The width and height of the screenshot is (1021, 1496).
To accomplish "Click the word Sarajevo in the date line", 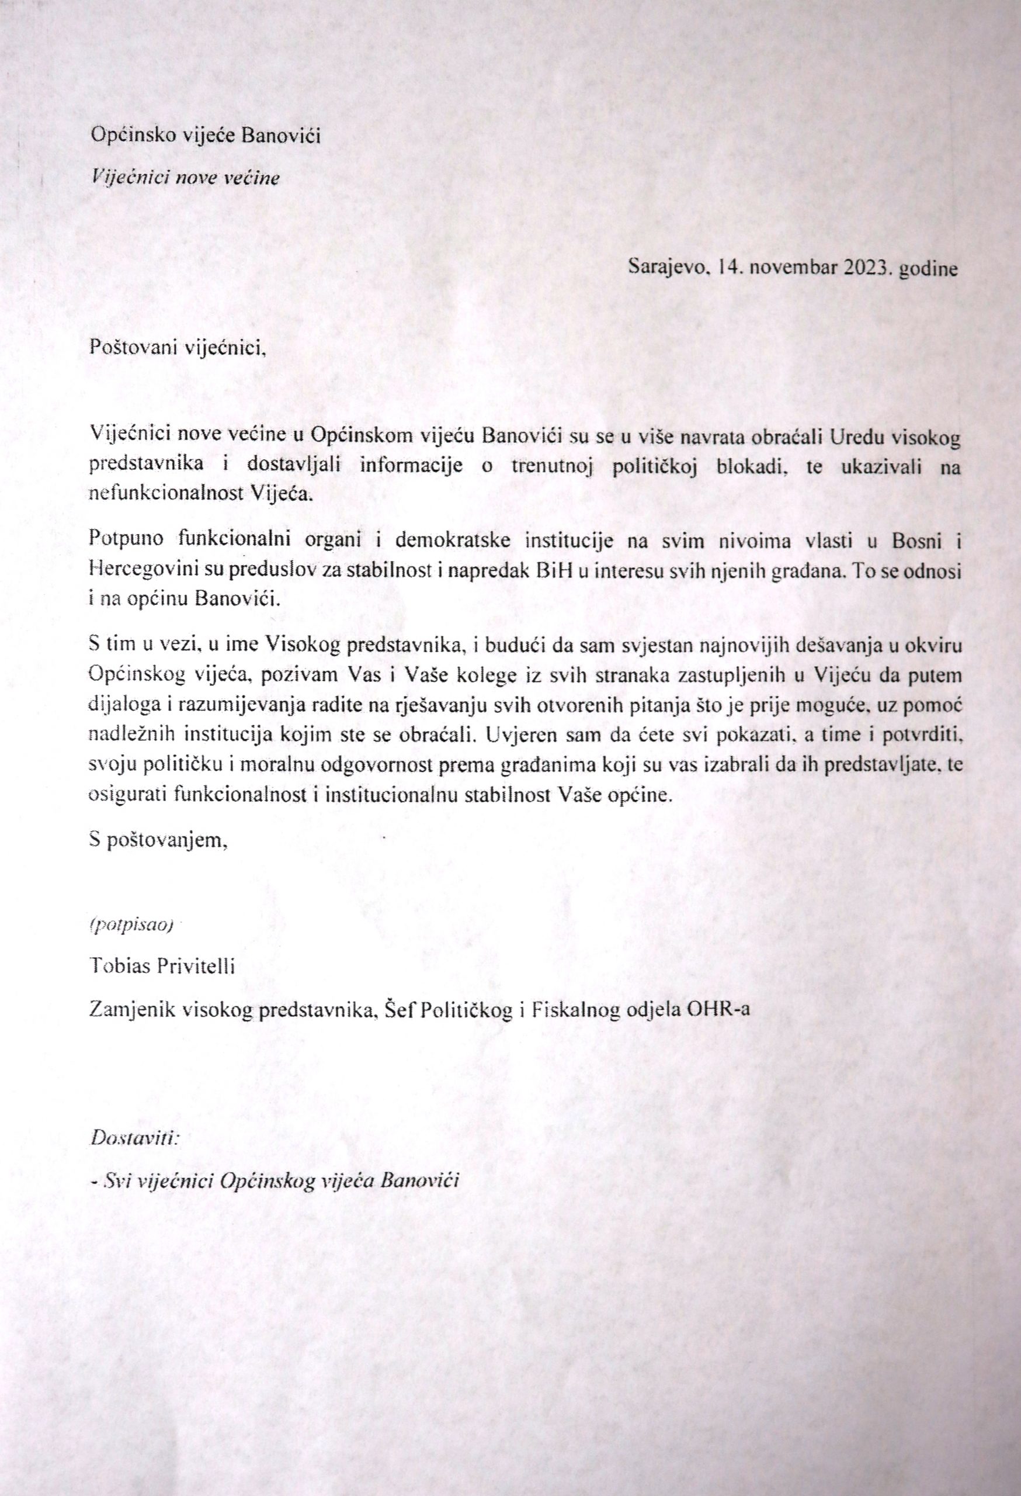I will (668, 268).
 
